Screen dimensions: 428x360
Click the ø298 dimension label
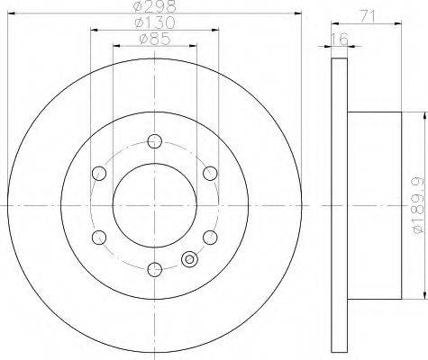pyautogui.click(x=154, y=6)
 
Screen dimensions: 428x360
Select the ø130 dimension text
pyautogui.click(x=154, y=22)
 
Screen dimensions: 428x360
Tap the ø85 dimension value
pyautogui.click(x=155, y=39)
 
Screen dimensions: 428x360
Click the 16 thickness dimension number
pyautogui.click(x=340, y=39)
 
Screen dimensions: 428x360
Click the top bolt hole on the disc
pyautogui.click(x=155, y=141)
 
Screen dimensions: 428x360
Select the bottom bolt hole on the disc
pyautogui.click(x=155, y=269)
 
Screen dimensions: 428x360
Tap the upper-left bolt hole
pyautogui.click(x=99, y=173)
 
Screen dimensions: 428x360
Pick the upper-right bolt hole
pyautogui.click(x=210, y=173)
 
